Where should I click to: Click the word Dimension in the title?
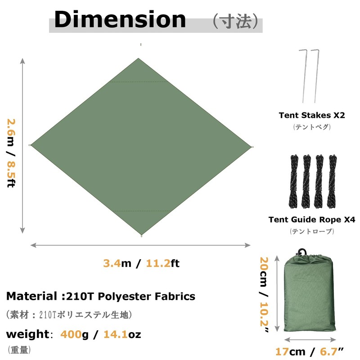pyautogui.click(x=120, y=20)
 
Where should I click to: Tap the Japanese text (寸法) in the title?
pyautogui.click(x=236, y=21)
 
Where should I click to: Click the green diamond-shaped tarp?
pyautogui.click(x=140, y=146)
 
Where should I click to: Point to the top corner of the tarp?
pyautogui.click(x=139, y=59)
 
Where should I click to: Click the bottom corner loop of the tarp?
pyautogui.click(x=141, y=235)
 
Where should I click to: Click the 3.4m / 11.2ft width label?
pyautogui.click(x=141, y=264)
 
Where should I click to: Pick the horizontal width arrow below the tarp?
pyautogui.click(x=140, y=245)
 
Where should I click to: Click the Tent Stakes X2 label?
pyautogui.click(x=312, y=115)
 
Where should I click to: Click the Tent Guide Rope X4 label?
pyautogui.click(x=312, y=220)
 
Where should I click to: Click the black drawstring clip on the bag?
pyautogui.click(x=302, y=251)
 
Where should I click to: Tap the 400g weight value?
pyautogui.click(x=76, y=334)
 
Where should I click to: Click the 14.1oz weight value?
pyautogui.click(x=123, y=334)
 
